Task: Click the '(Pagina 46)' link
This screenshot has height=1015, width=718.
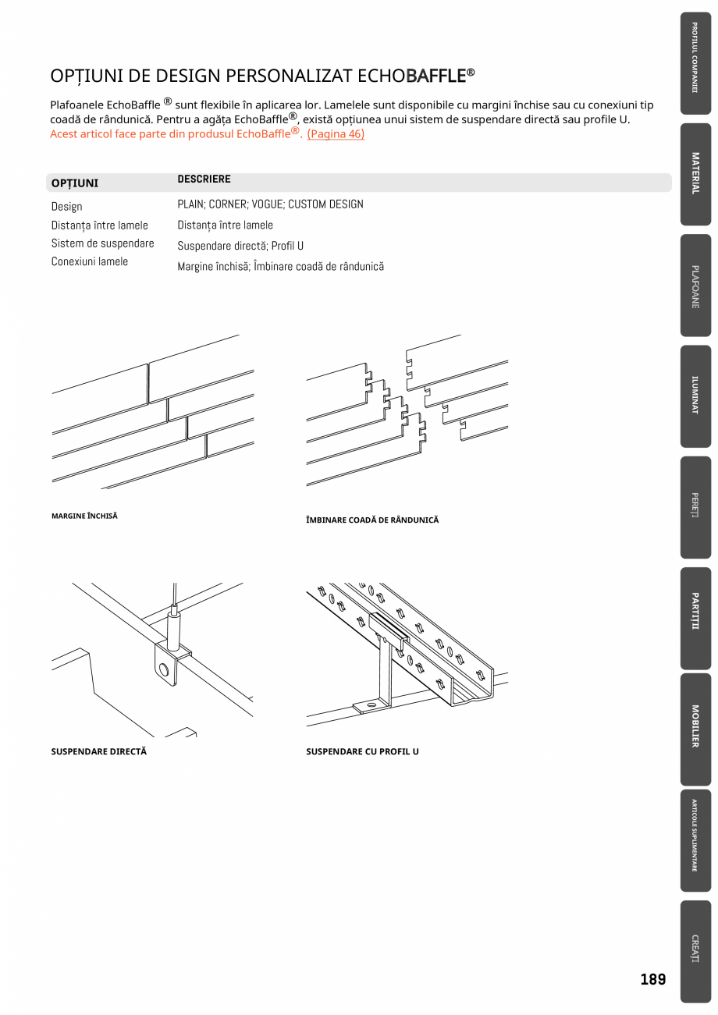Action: coord(336,134)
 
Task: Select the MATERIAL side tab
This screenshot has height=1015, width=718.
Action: coord(695,173)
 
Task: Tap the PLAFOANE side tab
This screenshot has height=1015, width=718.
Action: coord(695,286)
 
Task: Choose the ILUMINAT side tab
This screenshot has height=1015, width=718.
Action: coord(695,396)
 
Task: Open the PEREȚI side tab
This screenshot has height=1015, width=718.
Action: coord(695,506)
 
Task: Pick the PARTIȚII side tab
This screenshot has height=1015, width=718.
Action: coord(695,617)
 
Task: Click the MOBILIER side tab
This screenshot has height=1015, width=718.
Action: coord(695,728)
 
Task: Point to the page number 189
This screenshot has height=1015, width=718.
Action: coord(652,979)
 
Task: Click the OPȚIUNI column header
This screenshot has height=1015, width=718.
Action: coord(75,183)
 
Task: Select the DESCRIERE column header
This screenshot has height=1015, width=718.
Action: coord(204,179)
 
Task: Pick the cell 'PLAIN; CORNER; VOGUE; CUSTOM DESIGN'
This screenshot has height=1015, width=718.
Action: coord(270,204)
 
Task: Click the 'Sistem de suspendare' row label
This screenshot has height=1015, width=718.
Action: coord(102,243)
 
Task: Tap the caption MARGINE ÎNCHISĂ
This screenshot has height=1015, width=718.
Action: coord(84,516)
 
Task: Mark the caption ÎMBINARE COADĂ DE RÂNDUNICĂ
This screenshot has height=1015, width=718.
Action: coord(372,520)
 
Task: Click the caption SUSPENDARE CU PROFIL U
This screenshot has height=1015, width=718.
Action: coord(362,752)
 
